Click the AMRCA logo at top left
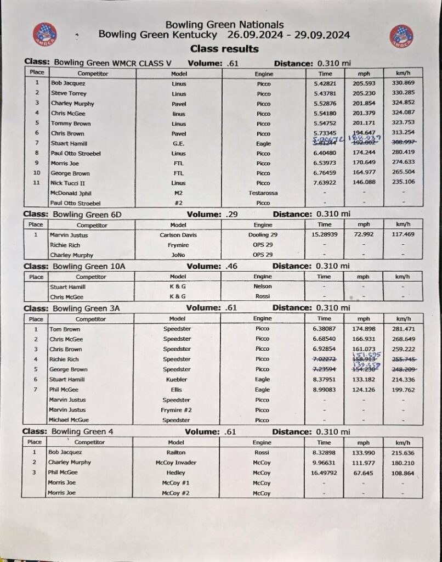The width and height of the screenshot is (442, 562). [45, 34]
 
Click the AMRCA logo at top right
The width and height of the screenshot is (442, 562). [401, 36]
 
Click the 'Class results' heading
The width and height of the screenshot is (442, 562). [225, 49]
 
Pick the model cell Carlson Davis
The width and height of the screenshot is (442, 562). [178, 235]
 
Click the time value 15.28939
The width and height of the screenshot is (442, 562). [325, 234]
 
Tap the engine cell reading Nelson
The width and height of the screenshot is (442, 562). [262, 286]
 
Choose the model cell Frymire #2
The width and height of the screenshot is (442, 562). [177, 410]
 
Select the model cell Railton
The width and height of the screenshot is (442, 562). [176, 452]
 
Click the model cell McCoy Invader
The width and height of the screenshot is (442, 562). [176, 462]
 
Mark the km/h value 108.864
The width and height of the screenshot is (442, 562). [401, 473]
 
